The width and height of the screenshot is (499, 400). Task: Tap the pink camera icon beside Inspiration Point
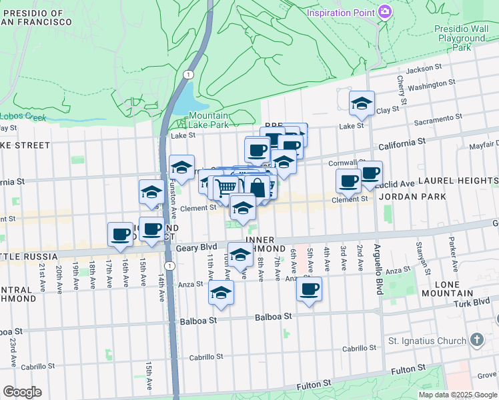coord(384,12)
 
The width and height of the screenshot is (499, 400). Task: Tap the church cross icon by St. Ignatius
coord(476,340)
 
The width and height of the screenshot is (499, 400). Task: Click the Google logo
coord(22,392)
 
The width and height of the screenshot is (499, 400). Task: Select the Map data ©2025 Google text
coord(458,395)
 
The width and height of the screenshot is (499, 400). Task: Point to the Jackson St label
coord(424,68)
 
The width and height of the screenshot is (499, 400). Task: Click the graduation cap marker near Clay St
coord(362,103)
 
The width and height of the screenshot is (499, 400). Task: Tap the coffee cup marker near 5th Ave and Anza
coord(308,290)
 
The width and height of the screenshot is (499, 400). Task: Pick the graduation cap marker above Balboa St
coord(221,293)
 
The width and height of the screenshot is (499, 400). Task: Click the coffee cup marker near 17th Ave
coord(120,234)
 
